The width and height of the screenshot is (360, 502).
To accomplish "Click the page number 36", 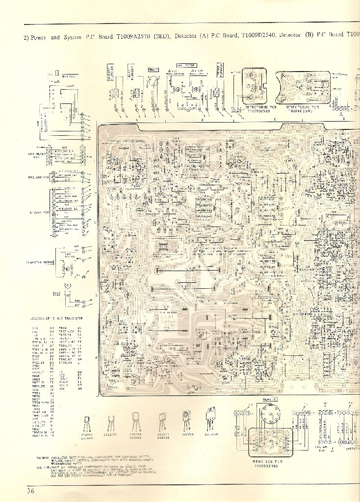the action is point(31,491).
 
